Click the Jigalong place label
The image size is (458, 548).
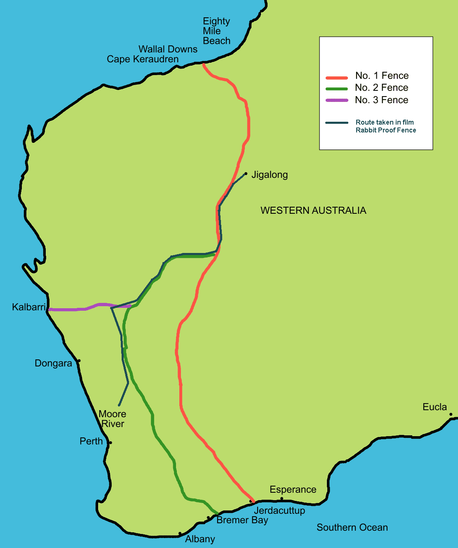pos(270,175)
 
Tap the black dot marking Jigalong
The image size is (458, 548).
pos(246,174)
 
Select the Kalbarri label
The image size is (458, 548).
pos(28,307)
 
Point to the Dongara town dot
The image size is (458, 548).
pos(79,361)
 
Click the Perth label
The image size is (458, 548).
pos(91,441)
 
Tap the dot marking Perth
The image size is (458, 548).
pos(110,443)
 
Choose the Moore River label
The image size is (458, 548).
pos(113,419)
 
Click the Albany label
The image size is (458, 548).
pos(200,539)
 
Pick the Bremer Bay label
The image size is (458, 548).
pos(242,520)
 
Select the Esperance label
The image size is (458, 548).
pos(293,489)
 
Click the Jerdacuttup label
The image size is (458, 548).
pos(279,510)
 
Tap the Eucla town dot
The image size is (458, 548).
pos(451,414)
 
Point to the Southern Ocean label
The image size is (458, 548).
pos(352,527)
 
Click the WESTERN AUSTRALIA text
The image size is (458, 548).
pos(313,210)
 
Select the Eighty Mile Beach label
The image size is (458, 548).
pos(216,31)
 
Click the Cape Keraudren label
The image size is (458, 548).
pos(143,59)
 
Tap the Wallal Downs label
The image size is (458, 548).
pos(168,49)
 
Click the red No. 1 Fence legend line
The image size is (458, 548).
pos(337,78)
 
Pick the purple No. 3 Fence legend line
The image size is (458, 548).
pos(337,100)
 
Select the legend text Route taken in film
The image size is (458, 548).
pos(385,122)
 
